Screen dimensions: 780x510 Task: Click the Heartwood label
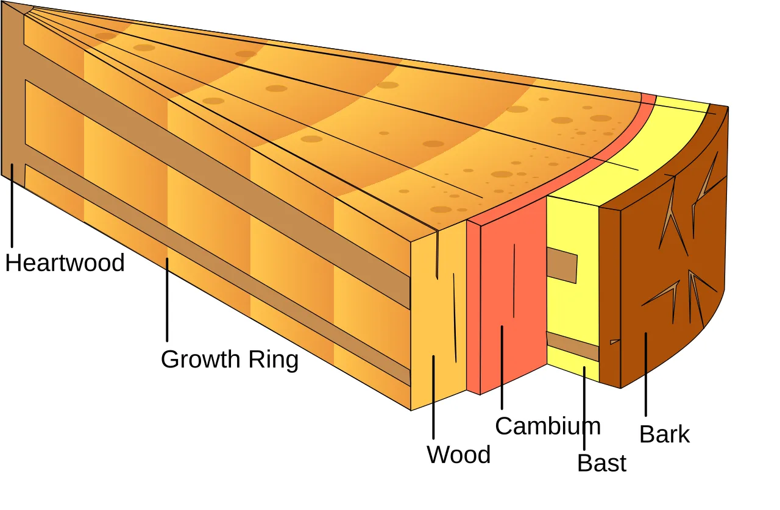[65, 263]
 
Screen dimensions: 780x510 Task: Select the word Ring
[274, 359]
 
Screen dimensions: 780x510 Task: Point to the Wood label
[459, 455]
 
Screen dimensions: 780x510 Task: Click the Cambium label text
[548, 425]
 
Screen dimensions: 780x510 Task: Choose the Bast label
[601, 462]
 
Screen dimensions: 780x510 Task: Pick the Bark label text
[664, 434]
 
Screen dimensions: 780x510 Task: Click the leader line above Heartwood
[12, 205]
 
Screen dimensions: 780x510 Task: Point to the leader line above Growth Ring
[167, 300]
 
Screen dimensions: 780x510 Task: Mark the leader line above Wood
[433, 397]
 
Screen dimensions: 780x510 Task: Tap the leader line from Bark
[646, 374]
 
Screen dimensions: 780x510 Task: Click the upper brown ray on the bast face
[562, 265]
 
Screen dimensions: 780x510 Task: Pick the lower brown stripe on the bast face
[573, 346]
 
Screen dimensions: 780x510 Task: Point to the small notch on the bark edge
[615, 341]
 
